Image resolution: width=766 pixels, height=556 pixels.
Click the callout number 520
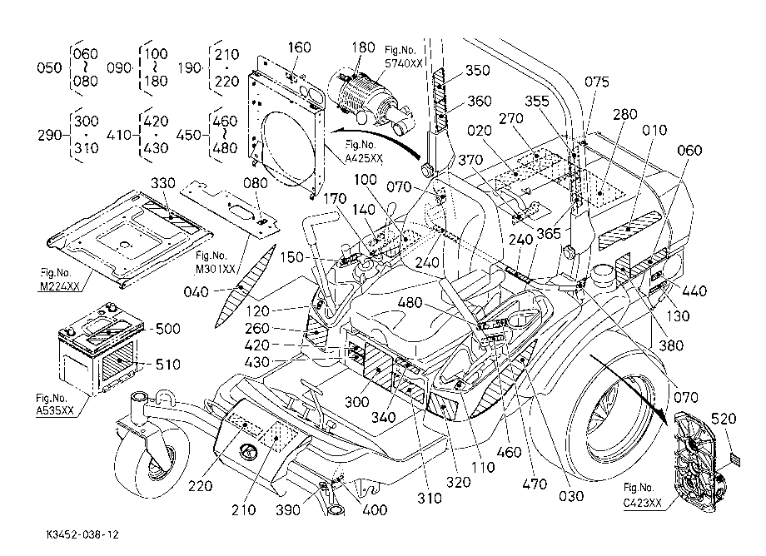pyautogui.click(x=724, y=419)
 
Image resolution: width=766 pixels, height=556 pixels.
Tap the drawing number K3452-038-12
pyautogui.click(x=82, y=535)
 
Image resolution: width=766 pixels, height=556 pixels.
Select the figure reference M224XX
pyautogui.click(x=59, y=286)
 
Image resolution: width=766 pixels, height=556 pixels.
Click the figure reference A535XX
pyautogui.click(x=55, y=410)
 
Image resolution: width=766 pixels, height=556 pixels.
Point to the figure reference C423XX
pyautogui.click(x=643, y=503)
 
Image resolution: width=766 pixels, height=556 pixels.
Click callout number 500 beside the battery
pyautogui.click(x=167, y=329)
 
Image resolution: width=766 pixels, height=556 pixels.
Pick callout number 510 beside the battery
pyautogui.click(x=167, y=365)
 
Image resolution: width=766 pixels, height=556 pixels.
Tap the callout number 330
pyautogui.click(x=162, y=183)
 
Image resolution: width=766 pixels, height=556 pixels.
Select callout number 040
pyautogui.click(x=196, y=292)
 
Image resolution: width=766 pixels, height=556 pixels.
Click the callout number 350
pyautogui.click(x=477, y=70)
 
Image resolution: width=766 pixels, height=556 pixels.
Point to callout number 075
pyautogui.click(x=596, y=82)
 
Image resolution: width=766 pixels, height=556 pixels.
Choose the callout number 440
pyautogui.click(x=694, y=291)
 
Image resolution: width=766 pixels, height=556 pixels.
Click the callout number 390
pyautogui.click(x=288, y=509)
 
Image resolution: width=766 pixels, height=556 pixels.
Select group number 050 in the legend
pyautogui.click(x=49, y=67)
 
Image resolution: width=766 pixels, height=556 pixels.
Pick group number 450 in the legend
pyautogui.click(x=188, y=135)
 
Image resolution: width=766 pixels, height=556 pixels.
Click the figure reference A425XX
pyautogui.click(x=364, y=159)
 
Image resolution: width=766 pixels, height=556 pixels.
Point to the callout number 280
pyautogui.click(x=624, y=114)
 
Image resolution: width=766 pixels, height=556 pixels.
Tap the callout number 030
pyautogui.click(x=571, y=496)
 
